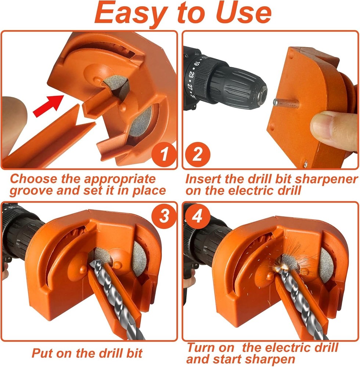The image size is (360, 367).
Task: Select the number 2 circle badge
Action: point(197,155)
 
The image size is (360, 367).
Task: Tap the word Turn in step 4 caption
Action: point(205,347)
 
